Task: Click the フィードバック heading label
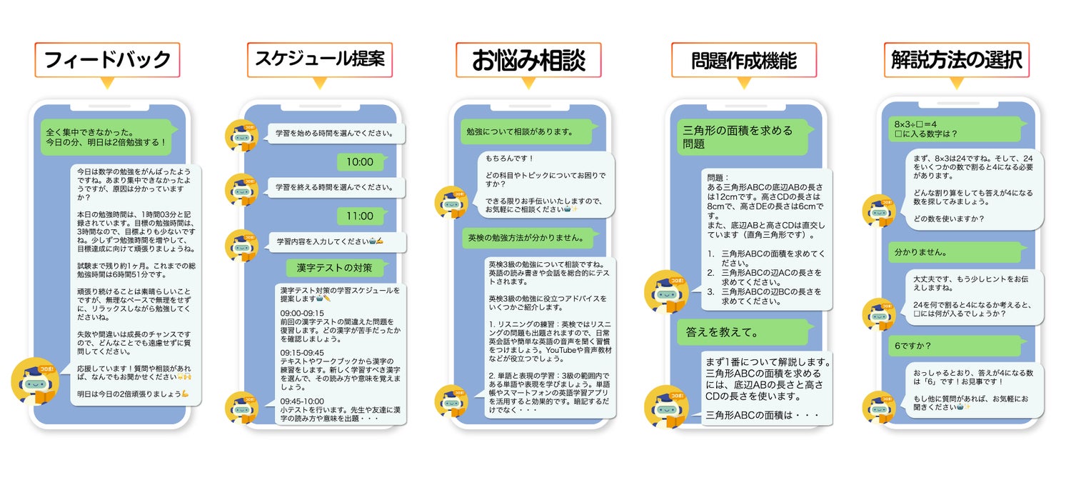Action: [107, 60]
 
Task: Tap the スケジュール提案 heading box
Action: [320, 59]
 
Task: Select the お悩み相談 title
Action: [528, 60]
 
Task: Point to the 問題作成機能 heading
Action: [743, 60]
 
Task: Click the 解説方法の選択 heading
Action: [957, 60]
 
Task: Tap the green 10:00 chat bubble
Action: [360, 162]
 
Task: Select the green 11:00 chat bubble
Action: [360, 216]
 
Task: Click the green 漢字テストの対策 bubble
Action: [334, 268]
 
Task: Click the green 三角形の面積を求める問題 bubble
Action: [743, 137]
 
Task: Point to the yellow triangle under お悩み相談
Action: [528, 83]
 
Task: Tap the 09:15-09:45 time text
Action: [302, 353]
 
